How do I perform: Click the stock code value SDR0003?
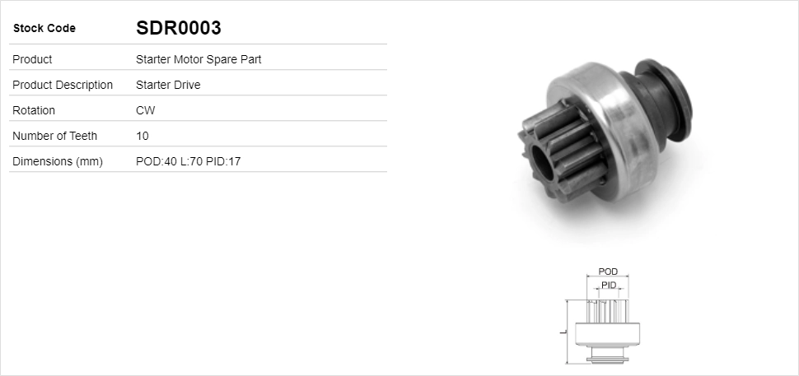pos(178,28)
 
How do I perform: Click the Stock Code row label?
pos(44,29)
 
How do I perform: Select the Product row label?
pos(32,59)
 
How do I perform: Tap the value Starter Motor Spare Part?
pos(199,59)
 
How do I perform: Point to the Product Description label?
pos(63,85)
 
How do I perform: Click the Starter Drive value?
pos(168,85)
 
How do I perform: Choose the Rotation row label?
pos(34,110)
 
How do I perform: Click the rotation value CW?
pos(145,110)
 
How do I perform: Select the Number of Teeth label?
pos(54,136)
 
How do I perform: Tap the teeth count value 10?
pos(143,136)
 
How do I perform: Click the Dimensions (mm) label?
pos(58,161)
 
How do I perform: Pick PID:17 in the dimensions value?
pos(223,161)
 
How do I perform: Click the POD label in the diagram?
pos(608,272)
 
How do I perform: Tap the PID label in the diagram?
pos(609,285)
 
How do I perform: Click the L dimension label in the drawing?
pos(561,332)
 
